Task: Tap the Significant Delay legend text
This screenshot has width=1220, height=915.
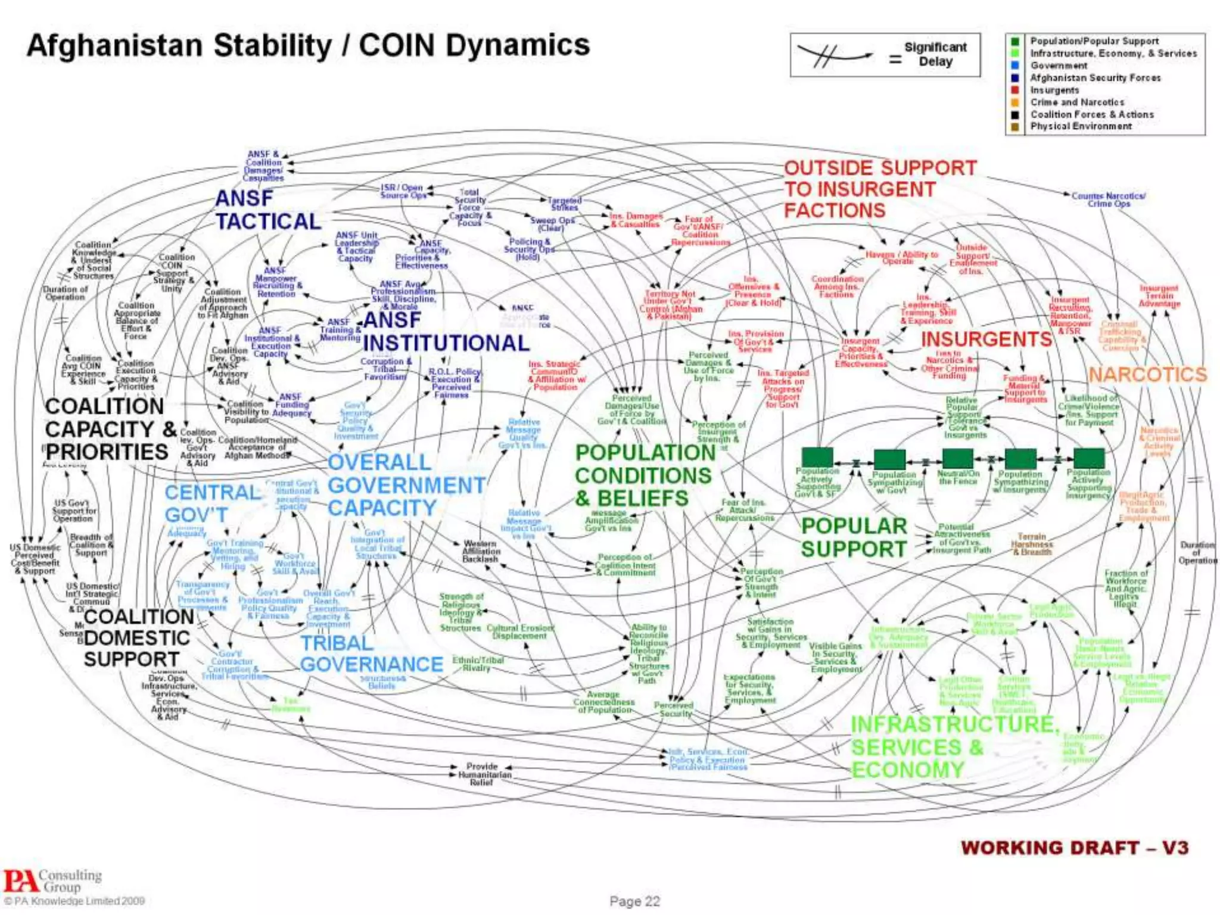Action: pyautogui.click(x=935, y=54)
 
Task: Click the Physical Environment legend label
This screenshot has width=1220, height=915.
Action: pyautogui.click(x=1081, y=126)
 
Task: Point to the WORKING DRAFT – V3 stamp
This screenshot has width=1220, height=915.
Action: pyautogui.click(x=1074, y=848)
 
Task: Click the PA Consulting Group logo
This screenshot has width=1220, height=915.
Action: pyautogui.click(x=52, y=880)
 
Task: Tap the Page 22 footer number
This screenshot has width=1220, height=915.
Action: pyautogui.click(x=634, y=901)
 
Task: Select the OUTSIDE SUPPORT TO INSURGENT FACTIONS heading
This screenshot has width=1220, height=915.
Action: pyautogui.click(x=880, y=189)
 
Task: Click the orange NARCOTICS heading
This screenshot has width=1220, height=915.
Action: pyautogui.click(x=1147, y=375)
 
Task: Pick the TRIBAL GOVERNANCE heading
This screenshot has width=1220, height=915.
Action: pyautogui.click(x=371, y=653)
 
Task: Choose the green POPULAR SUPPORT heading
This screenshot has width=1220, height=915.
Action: pyautogui.click(x=854, y=537)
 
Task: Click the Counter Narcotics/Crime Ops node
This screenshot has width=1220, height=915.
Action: pyautogui.click(x=1108, y=200)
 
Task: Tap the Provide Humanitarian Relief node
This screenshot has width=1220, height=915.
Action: pyautogui.click(x=481, y=774)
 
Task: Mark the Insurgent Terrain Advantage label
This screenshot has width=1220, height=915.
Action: pyautogui.click(x=1159, y=296)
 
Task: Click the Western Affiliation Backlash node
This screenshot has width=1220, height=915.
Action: pyautogui.click(x=481, y=551)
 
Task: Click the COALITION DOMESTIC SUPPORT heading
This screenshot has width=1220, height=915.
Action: pyautogui.click(x=136, y=638)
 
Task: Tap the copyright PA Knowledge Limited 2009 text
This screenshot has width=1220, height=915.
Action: pyautogui.click(x=74, y=901)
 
